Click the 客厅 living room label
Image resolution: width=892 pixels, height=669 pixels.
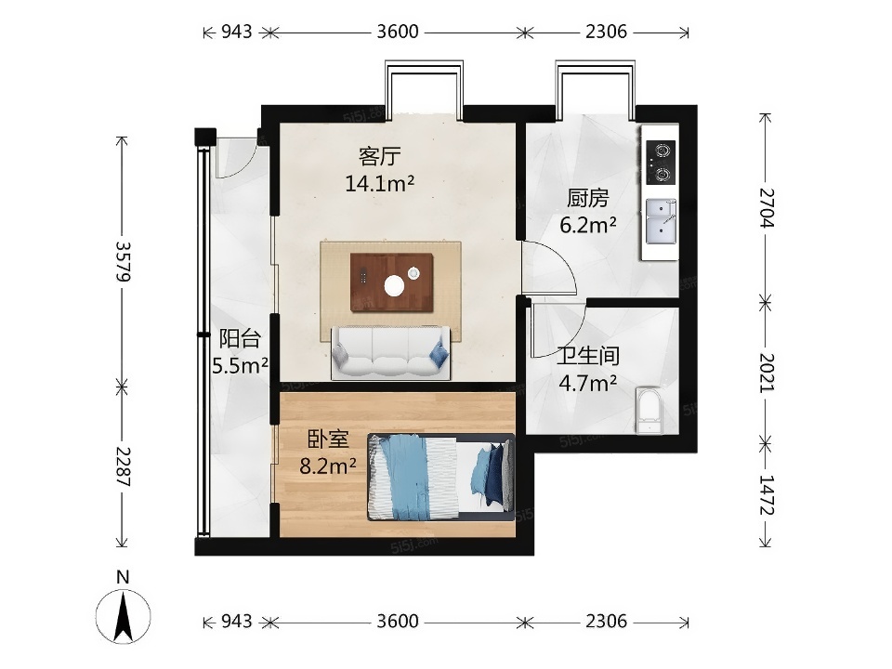[x=380, y=155]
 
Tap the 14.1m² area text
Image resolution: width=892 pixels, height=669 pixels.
[x=380, y=183]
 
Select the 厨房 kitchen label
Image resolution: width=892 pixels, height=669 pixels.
[x=587, y=198]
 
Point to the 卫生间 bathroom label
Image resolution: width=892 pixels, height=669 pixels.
[x=587, y=356]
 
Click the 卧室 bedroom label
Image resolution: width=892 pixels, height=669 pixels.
[x=328, y=439]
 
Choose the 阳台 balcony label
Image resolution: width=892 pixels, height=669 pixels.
[x=240, y=338]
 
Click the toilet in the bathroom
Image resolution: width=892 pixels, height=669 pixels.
[x=649, y=411]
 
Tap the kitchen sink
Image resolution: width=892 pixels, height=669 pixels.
[x=661, y=221]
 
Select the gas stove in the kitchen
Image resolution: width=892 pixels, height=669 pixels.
[x=661, y=162]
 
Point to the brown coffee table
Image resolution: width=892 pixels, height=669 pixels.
[x=392, y=282]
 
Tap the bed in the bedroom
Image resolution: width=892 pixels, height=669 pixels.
[x=441, y=478]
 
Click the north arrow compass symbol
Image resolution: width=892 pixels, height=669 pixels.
[x=124, y=615]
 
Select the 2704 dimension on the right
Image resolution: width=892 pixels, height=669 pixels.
[x=767, y=207]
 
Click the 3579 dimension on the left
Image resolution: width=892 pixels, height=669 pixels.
[x=123, y=261]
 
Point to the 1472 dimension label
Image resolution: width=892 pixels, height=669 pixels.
[x=767, y=495]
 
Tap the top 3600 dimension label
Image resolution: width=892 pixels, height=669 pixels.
[x=398, y=32]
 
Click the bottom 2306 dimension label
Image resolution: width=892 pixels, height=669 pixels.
[x=607, y=621]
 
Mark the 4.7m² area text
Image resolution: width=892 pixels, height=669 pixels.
[x=587, y=384]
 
